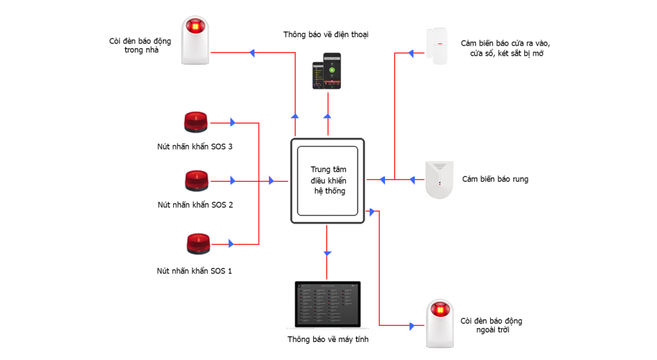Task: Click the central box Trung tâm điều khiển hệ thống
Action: point(327,181)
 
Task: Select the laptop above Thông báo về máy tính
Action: point(328,305)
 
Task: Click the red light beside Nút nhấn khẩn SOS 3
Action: point(196,123)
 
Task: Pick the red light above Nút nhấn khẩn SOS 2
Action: point(196,181)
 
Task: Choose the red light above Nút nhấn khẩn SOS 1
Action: point(195,244)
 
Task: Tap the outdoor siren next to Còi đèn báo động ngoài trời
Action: point(440,323)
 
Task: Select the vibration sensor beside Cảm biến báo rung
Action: point(439,180)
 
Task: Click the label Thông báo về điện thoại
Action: point(325,34)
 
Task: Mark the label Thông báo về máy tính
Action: point(328,339)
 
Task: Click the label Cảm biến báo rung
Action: point(495,179)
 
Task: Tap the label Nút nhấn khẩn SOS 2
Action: point(195,205)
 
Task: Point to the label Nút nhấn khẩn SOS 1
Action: point(194,271)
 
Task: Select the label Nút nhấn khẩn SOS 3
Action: point(195,146)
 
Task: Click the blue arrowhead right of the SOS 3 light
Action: point(232,122)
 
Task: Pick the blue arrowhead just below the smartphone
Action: point(327,116)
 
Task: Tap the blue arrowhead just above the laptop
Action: point(327,254)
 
